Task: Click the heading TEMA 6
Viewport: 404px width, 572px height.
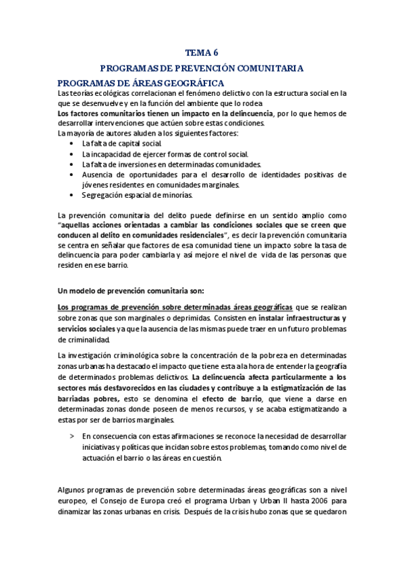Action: (202, 52)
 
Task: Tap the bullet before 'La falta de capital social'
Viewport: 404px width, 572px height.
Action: (72, 144)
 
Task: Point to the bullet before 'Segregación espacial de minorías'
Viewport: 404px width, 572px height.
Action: (72, 195)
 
